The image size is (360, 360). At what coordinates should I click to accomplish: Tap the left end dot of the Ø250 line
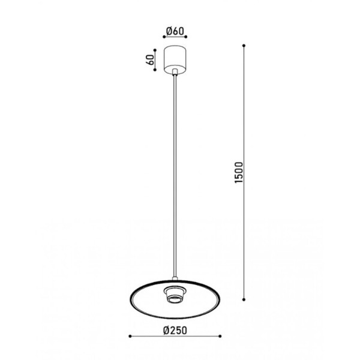click(130, 335)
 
